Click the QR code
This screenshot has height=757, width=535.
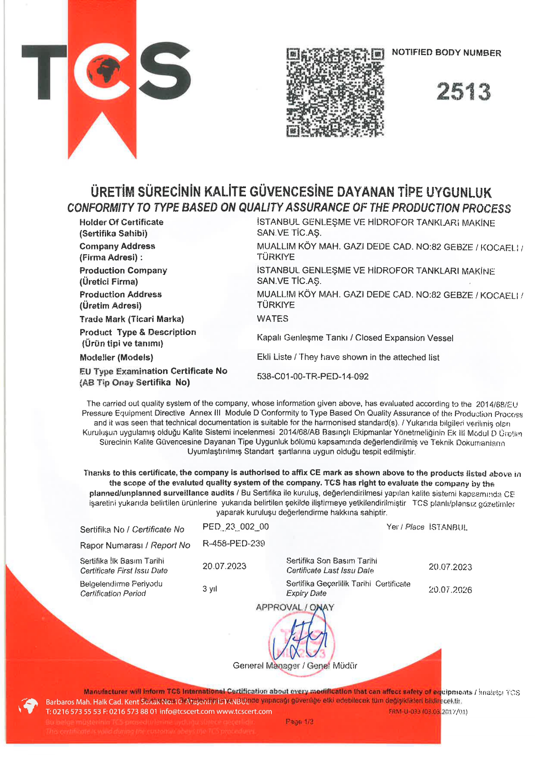pos(335,92)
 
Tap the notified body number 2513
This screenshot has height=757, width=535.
pos(463,92)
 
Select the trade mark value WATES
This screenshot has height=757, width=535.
pos(272,319)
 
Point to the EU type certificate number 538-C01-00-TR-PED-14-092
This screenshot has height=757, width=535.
pos(312,376)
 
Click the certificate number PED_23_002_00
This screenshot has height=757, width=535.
pos(236,527)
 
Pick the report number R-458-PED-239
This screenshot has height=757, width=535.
pos(233,543)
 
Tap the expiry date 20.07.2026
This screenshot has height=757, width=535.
pos(450,590)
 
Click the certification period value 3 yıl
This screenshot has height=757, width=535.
pos(210,589)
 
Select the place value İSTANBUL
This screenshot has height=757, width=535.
pos(448,527)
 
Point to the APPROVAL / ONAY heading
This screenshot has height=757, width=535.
pos(295,607)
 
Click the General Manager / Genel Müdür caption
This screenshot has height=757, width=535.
pos(295,666)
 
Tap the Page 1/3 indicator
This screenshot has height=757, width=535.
pos(299,722)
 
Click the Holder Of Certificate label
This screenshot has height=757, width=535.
pos(121,222)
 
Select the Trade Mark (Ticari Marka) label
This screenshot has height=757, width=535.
pos(132,319)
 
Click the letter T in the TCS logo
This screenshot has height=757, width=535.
pos(44,72)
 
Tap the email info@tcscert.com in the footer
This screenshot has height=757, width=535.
pos(187,711)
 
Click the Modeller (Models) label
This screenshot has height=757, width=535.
pos(116,357)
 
